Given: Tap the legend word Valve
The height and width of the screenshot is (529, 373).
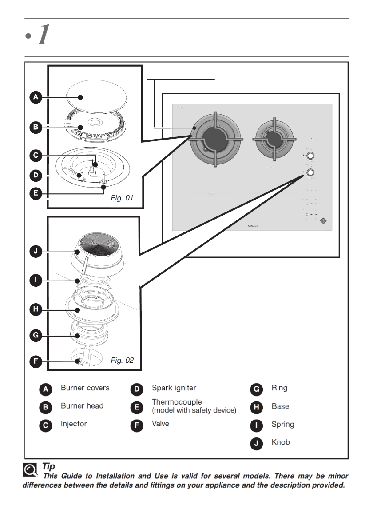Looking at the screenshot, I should click(160, 424).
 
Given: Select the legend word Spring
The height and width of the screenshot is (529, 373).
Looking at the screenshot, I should click(283, 424).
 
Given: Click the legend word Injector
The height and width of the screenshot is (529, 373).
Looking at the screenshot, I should click(74, 424).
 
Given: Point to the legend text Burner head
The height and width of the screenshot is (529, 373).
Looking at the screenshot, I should click(82, 406).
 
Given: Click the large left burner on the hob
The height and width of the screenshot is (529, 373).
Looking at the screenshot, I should click(216, 139).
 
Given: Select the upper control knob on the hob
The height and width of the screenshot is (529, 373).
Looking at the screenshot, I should click(311, 156).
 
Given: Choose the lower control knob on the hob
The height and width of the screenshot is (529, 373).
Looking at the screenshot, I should click(311, 172).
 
